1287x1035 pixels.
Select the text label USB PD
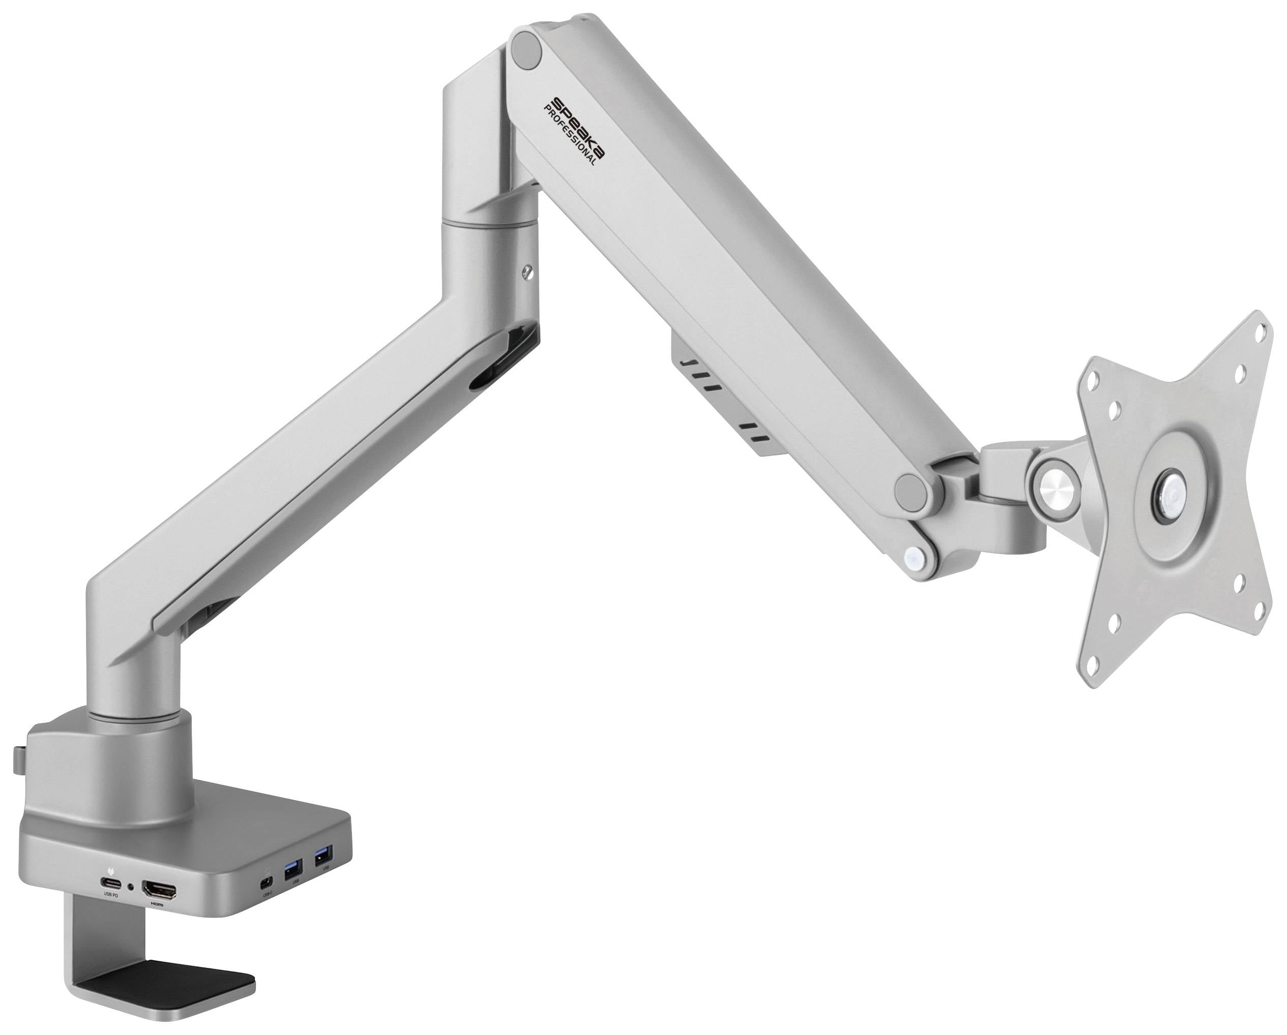point(110,895)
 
